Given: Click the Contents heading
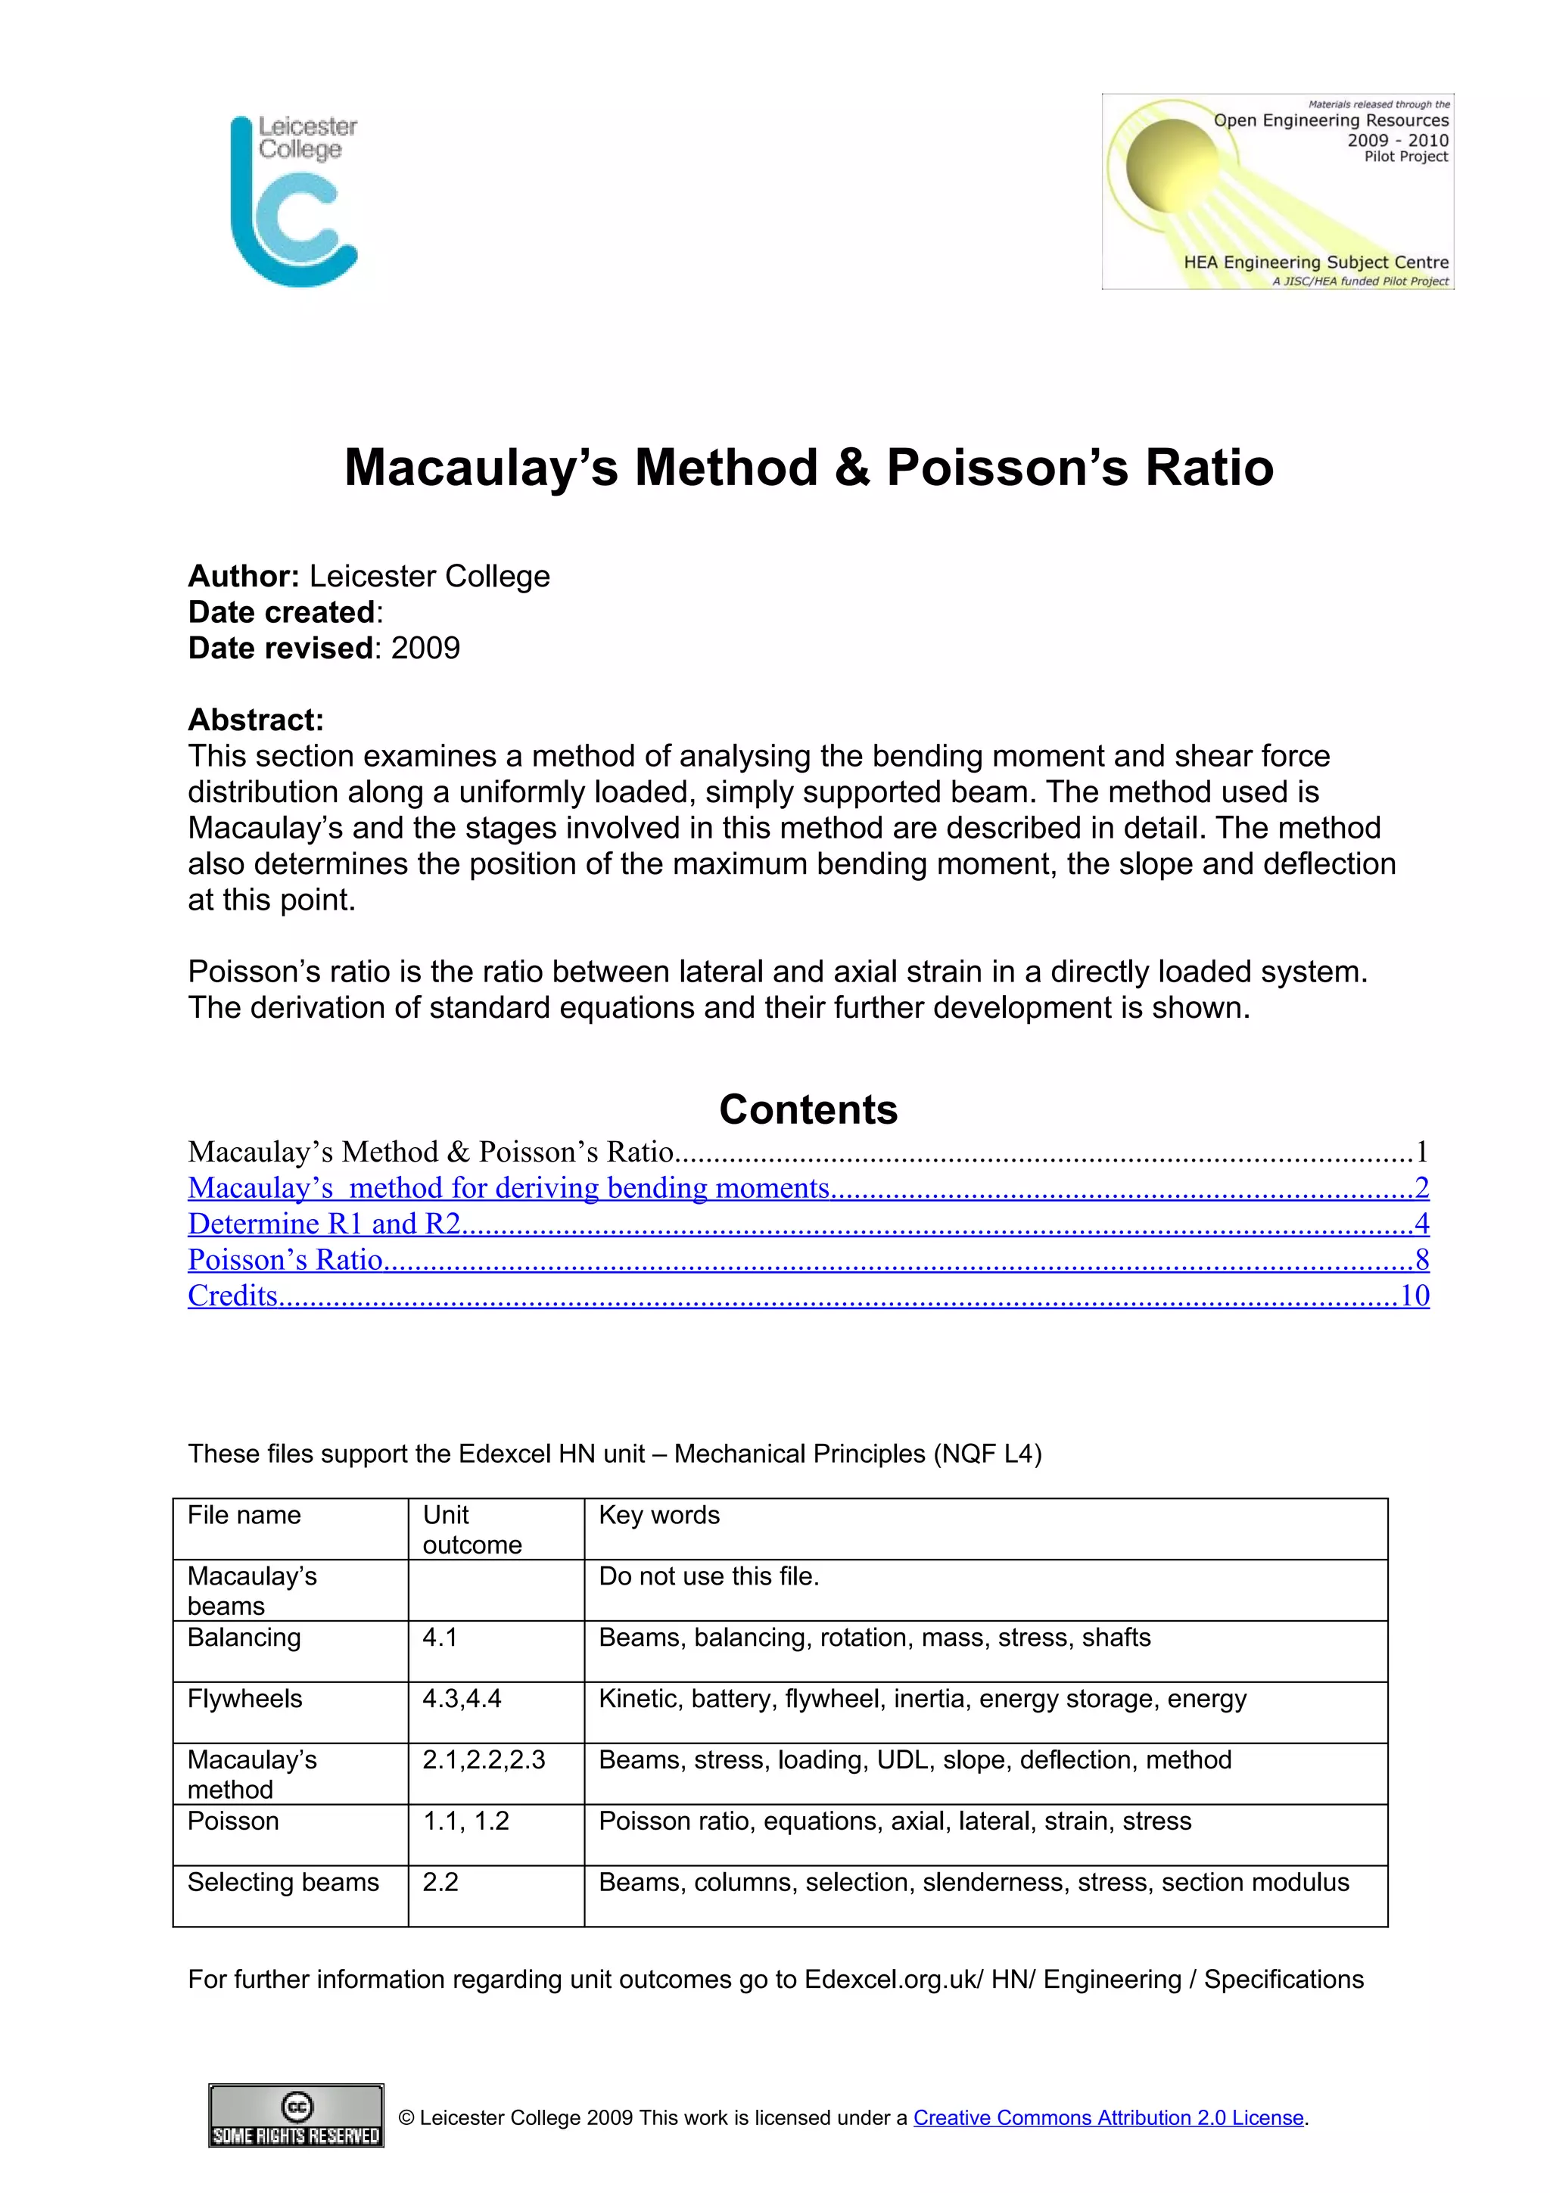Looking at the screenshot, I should [808, 1109].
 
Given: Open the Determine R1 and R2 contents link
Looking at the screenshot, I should [324, 1224].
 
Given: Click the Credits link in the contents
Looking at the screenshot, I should [232, 1296].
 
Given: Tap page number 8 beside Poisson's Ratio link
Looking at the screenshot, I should [1421, 1260].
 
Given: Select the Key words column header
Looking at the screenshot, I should [659, 1515].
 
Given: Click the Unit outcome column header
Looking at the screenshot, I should [472, 1529].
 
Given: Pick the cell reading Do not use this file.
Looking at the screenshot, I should [708, 1576].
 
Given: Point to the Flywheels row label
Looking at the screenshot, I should [244, 1698].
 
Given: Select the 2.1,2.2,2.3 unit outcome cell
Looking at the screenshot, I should [484, 1759].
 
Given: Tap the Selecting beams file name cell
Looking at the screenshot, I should [283, 1882].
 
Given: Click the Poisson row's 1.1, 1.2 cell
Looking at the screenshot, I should [465, 1821].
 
